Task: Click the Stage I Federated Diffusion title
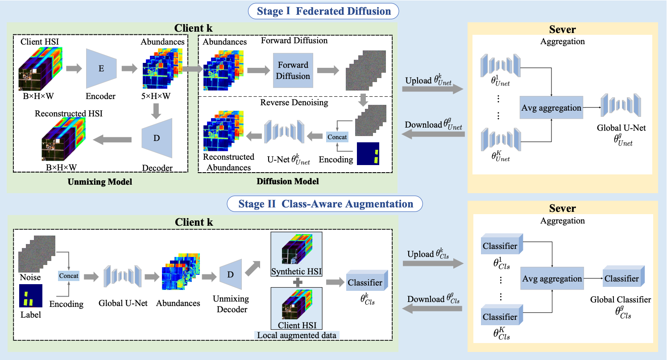[323, 11]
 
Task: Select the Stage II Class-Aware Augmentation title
[325, 204]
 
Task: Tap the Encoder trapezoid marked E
[101, 69]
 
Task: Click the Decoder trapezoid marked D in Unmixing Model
[157, 138]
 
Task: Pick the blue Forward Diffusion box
[293, 70]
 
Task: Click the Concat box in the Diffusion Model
[337, 137]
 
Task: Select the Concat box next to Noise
[69, 276]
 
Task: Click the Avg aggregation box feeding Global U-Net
[551, 108]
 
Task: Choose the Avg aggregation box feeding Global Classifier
[552, 278]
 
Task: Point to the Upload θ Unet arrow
[433, 89]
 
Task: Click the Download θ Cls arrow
[432, 309]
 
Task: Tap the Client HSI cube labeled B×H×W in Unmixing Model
[41, 69]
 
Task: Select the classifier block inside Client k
[367, 281]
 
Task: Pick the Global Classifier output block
[624, 276]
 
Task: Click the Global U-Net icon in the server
[621, 105]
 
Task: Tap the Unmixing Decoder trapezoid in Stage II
[231, 274]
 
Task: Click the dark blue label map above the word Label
[31, 296]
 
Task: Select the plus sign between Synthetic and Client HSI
[298, 282]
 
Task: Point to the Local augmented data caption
[297, 335]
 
